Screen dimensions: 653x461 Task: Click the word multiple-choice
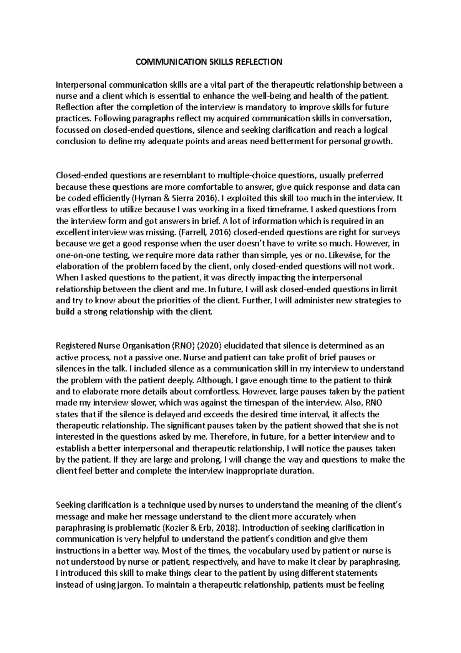(245, 176)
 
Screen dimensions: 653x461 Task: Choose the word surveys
(386, 232)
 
